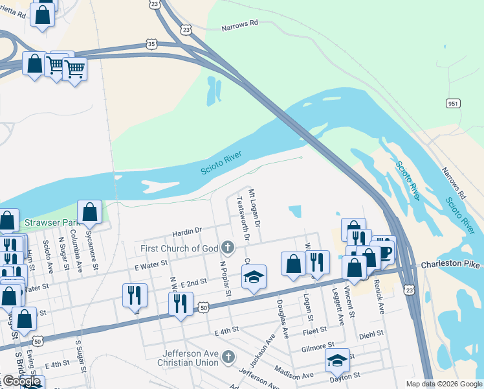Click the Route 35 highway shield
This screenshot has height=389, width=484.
pos(151,44)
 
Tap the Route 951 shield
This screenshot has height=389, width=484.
pos(453,103)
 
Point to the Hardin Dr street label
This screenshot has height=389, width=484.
pos(187,230)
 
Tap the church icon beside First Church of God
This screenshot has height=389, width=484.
pos(227,247)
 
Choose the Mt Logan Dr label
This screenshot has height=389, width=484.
pos(255,208)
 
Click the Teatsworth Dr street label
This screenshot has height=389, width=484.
pos(243,218)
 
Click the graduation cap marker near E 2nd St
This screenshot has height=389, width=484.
pos(254,277)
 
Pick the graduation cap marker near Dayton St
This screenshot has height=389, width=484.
pos(337,360)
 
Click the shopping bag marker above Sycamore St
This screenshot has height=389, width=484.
pos(89,212)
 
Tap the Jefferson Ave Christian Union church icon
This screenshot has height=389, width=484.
pos(227,356)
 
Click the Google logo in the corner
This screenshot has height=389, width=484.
pos(21,381)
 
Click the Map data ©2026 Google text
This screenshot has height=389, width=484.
pos(444,384)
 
